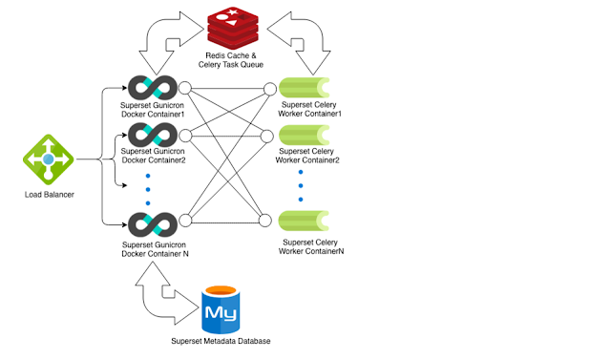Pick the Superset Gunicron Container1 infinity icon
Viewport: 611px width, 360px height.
click(153, 89)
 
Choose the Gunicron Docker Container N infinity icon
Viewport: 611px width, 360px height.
click(153, 226)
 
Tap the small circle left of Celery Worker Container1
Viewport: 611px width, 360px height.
click(270, 89)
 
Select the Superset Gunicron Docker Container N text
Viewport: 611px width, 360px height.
click(155, 249)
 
